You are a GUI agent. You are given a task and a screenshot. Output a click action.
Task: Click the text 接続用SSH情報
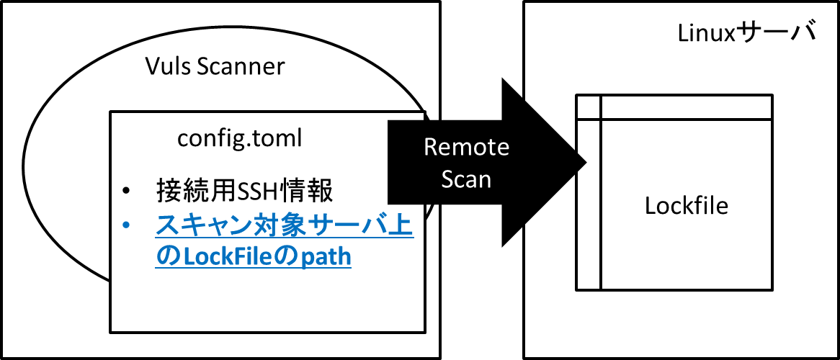pos(244,192)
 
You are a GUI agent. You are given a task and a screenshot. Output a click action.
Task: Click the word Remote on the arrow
pos(466,148)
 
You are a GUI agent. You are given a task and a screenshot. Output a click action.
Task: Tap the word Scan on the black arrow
pos(467,179)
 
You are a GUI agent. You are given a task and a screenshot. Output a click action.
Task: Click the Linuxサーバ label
pos(746,33)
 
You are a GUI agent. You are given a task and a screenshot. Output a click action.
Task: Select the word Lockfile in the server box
pos(686,206)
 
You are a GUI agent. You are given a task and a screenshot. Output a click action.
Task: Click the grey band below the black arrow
pos(481,310)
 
